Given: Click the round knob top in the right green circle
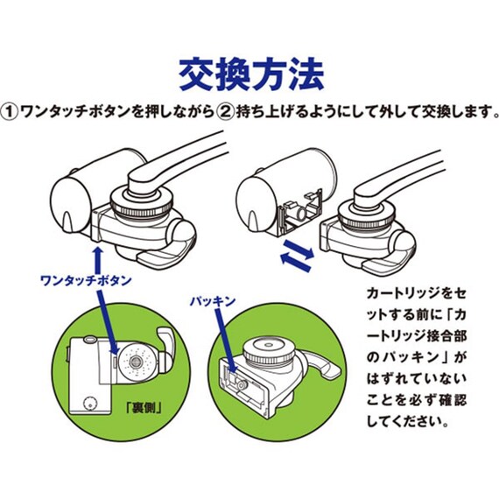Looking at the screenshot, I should click(274, 351).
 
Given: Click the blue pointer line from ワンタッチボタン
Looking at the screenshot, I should click(107, 324).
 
